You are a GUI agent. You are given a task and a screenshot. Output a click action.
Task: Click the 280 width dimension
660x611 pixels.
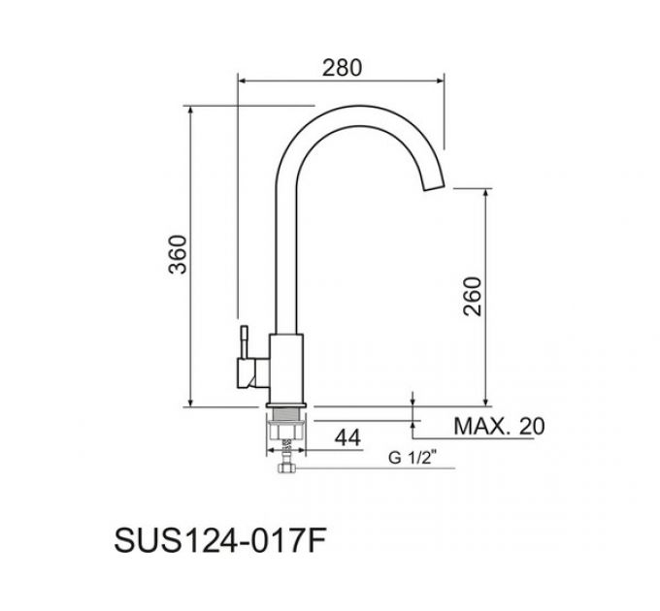coord(342,67)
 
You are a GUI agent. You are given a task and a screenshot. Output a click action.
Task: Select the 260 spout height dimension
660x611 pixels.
coord(473,298)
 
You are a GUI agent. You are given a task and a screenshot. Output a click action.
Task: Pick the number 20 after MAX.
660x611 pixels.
coord(532,426)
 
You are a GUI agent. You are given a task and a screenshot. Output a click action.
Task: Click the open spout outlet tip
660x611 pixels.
coord(435,186)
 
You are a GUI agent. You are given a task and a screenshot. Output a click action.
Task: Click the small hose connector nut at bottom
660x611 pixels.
coord(287,470)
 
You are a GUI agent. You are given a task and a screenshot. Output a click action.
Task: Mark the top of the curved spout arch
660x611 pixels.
coord(359,106)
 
